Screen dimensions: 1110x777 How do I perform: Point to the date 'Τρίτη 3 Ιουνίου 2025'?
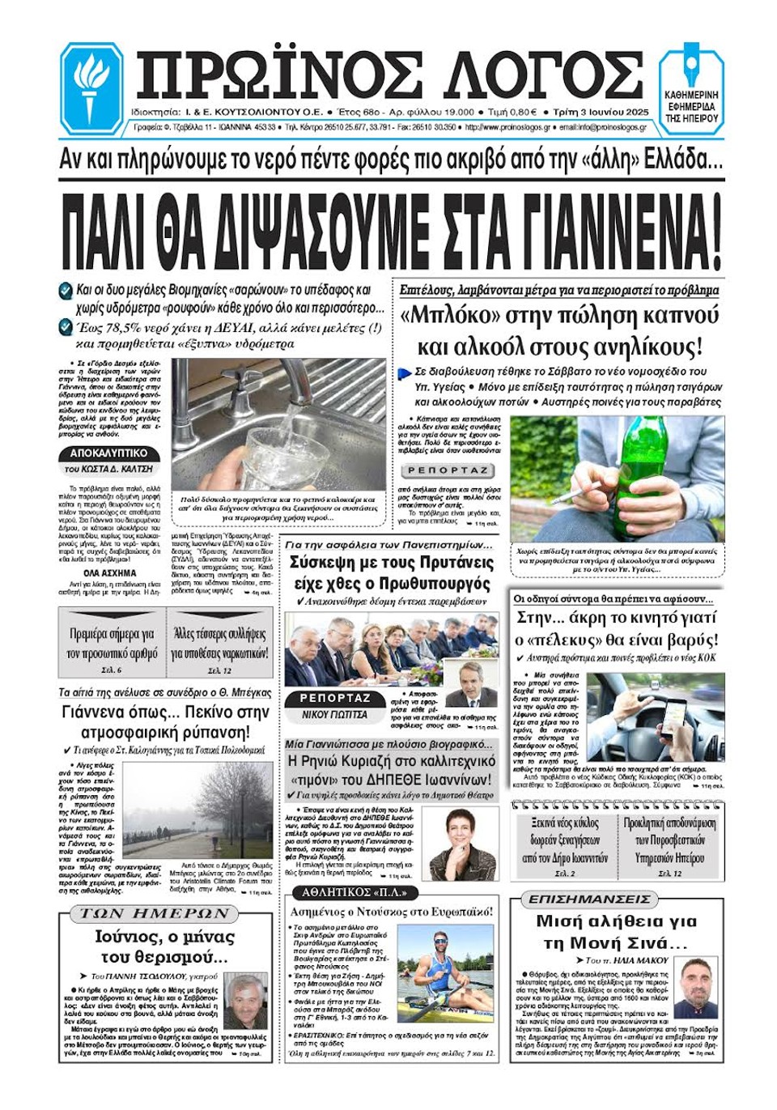point(601,113)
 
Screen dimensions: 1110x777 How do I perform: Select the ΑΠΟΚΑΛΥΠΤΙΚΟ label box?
point(108,453)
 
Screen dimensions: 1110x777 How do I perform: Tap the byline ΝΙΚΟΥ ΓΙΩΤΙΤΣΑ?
point(334,715)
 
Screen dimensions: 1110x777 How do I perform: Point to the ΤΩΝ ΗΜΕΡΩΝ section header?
point(155,914)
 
